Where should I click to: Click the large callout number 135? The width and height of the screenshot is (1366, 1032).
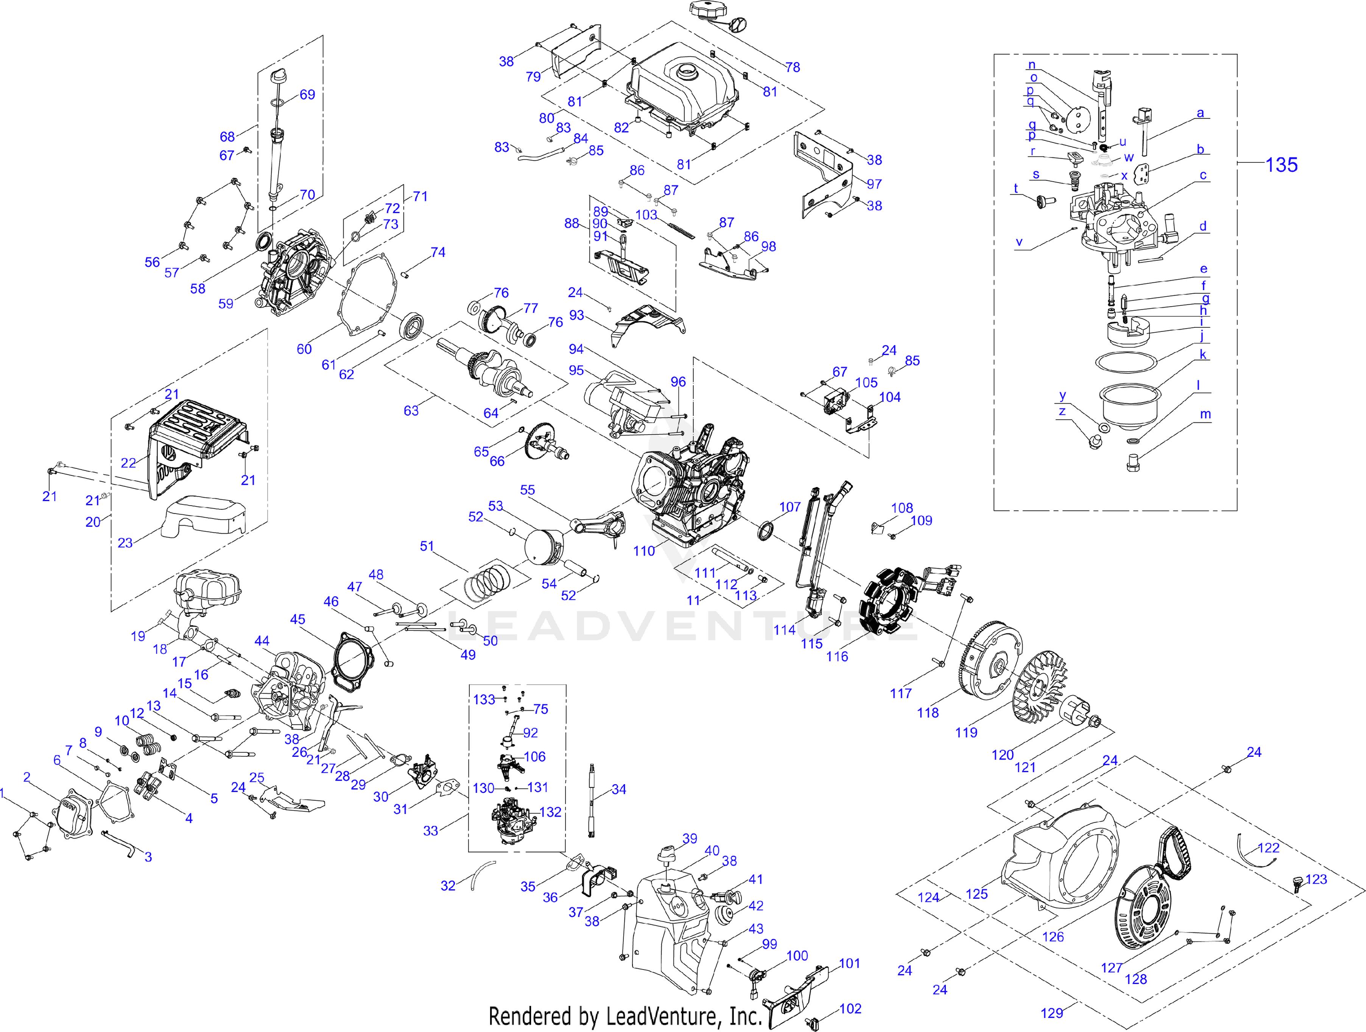pos(1281,165)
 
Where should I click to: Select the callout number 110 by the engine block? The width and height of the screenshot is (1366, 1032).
pos(643,551)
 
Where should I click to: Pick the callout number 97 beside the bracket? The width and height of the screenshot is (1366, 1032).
pos(874,184)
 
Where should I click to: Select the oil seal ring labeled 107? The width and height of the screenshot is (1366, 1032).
pos(766,531)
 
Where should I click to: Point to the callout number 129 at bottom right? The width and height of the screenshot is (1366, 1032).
pos(1052,1013)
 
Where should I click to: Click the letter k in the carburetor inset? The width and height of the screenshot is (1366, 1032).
pos(1203,355)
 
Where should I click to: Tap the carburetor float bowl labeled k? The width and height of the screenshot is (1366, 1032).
pos(1128,408)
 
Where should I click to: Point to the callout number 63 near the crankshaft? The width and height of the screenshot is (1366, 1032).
pos(411,411)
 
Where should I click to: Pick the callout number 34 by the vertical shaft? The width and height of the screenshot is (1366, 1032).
pos(619,789)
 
